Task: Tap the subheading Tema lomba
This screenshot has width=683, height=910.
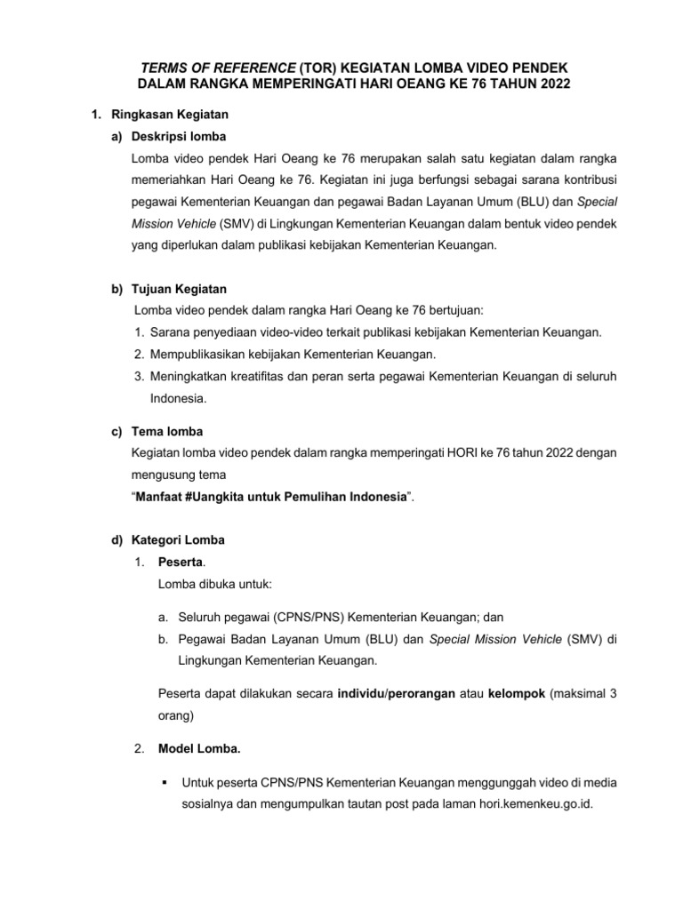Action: [165, 432]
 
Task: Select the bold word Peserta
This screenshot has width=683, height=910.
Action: [179, 562]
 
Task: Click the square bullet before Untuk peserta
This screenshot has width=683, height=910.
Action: [165, 783]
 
